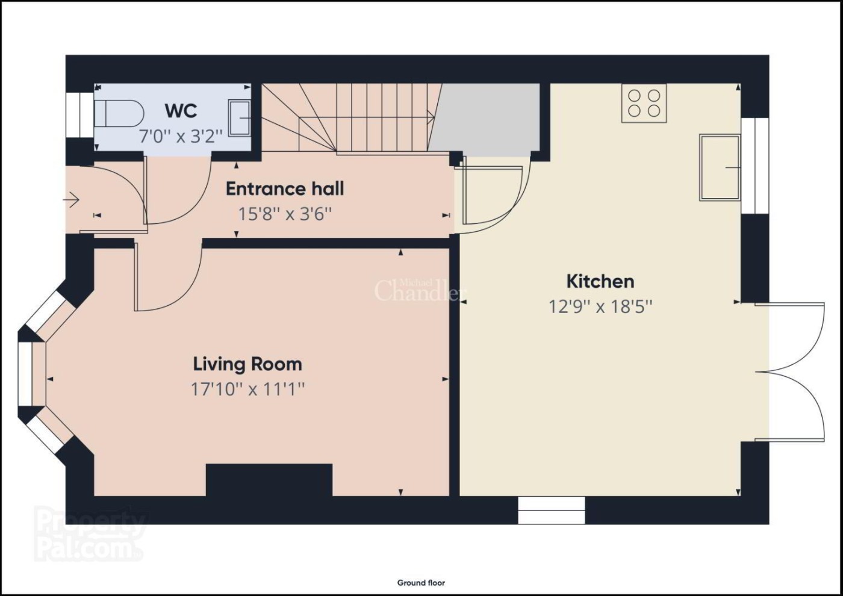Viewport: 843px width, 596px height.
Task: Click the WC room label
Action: (x=181, y=111)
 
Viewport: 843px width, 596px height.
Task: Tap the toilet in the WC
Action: (x=119, y=113)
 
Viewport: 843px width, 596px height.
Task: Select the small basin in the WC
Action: (x=240, y=117)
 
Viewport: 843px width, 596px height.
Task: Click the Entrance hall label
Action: (x=285, y=189)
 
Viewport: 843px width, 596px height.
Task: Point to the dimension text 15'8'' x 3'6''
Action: (x=285, y=214)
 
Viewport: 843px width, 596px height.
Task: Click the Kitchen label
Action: (x=600, y=282)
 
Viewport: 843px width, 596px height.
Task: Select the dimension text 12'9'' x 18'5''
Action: (x=600, y=306)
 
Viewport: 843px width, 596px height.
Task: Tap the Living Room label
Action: (x=247, y=364)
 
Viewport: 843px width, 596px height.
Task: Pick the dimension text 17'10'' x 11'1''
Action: (x=247, y=390)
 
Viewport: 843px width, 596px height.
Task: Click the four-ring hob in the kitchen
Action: (x=644, y=103)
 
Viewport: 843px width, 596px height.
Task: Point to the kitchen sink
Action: (x=720, y=167)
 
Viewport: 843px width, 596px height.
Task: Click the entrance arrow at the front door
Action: (x=71, y=200)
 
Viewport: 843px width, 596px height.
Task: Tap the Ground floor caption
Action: (x=421, y=583)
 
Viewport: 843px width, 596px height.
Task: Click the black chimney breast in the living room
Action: (x=269, y=480)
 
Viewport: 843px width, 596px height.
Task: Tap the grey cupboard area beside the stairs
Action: (x=485, y=120)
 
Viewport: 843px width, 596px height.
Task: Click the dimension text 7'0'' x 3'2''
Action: (x=181, y=136)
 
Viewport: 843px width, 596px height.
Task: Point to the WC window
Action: (x=79, y=115)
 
